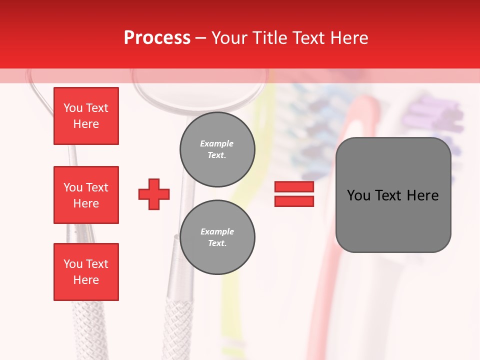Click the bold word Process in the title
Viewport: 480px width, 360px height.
point(157,37)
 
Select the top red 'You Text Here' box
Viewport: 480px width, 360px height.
point(86,116)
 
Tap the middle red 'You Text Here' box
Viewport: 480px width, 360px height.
point(86,195)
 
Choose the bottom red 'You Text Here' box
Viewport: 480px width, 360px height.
point(86,272)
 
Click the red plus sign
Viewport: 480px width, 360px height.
point(154,194)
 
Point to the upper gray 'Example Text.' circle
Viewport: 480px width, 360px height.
point(217,149)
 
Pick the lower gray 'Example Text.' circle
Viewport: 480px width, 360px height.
point(217,237)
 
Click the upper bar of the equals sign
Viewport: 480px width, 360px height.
point(294,186)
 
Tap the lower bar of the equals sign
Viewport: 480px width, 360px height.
point(294,201)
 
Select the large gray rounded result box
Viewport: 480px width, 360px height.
point(393,195)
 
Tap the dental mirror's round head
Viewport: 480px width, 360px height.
point(200,85)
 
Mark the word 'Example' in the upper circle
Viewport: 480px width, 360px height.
point(217,143)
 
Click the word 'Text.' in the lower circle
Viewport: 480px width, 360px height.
point(217,243)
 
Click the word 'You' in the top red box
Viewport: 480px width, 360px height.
point(73,108)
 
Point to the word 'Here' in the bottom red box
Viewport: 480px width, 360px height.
point(86,280)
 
